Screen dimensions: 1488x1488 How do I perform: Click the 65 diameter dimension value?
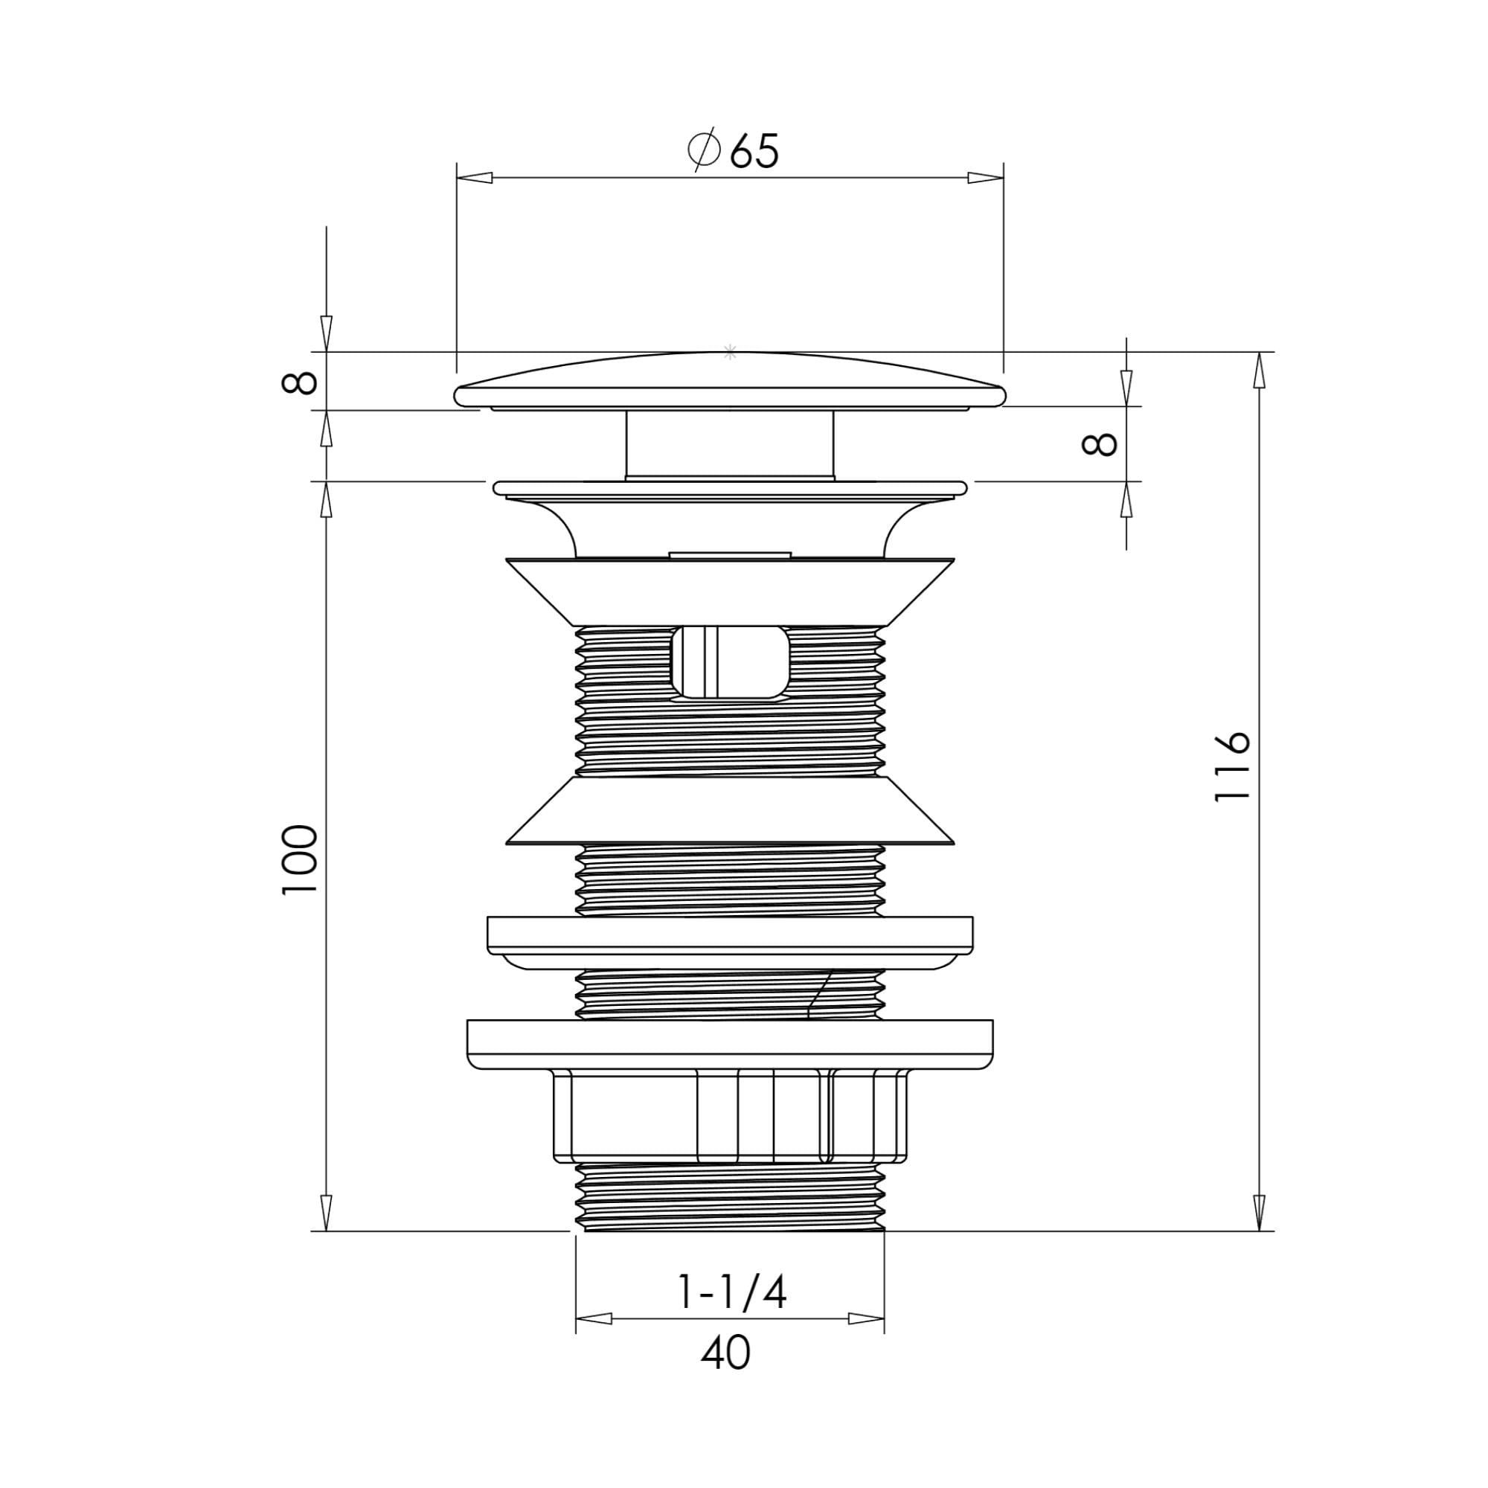pos(754,151)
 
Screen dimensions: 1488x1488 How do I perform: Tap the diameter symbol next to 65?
pos(703,150)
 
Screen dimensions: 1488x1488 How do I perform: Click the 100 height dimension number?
pos(300,859)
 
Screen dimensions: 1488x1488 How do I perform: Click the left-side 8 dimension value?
pos(300,382)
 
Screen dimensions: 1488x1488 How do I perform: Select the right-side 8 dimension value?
pos(1099,443)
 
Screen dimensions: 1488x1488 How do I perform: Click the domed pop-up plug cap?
pos(730,380)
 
